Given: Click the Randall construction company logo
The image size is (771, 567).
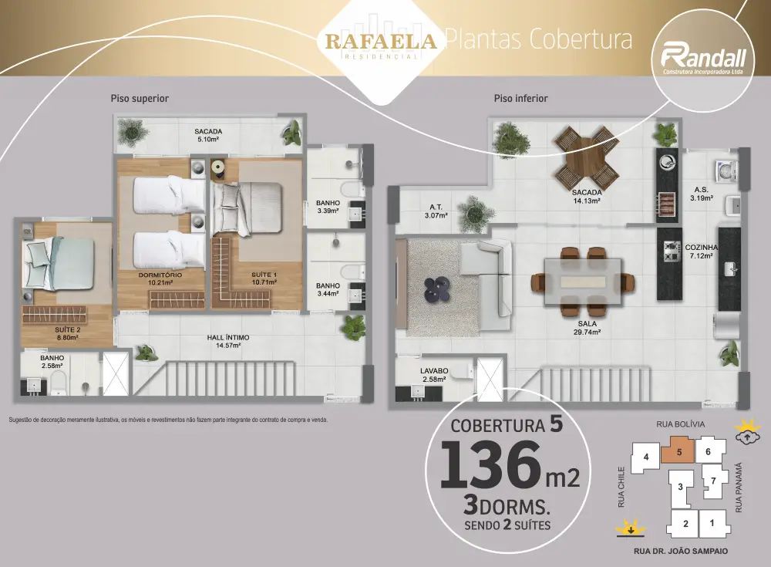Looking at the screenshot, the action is click(x=703, y=60).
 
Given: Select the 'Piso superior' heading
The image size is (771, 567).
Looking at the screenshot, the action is click(x=140, y=99).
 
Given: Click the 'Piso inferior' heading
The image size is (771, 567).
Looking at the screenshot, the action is click(x=520, y=99).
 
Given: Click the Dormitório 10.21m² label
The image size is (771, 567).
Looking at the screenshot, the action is click(x=160, y=278).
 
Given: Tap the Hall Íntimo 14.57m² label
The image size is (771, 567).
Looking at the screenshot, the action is click(x=228, y=342).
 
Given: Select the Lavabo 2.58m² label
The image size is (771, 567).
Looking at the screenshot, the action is click(x=434, y=375).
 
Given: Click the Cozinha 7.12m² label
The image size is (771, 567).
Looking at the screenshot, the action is click(x=701, y=251).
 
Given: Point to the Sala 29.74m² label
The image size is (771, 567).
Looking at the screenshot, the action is click(x=587, y=328).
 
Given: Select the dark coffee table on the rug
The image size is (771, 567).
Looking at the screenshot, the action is click(x=436, y=289).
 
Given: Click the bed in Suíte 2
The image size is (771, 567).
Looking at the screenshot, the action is click(x=59, y=264).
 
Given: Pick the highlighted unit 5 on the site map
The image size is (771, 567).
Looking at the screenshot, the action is click(x=678, y=451).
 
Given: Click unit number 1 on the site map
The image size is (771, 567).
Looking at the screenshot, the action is click(x=712, y=523).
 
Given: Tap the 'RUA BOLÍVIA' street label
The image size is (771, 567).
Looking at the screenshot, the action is click(x=681, y=424).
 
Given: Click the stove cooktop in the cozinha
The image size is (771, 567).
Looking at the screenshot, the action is click(x=670, y=252).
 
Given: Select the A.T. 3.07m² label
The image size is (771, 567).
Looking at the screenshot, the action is click(x=436, y=211).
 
